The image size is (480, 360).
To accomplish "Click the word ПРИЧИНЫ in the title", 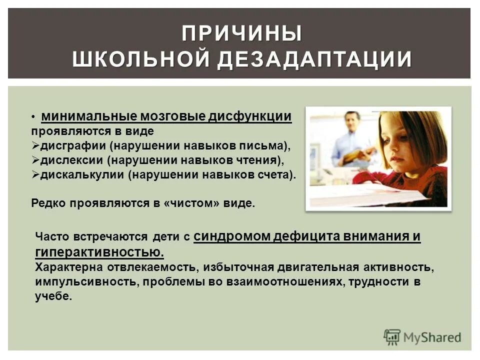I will pos(241,34).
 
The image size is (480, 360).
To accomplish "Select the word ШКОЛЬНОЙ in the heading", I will pos(140,59).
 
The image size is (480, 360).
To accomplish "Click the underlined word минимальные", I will pos(89,117).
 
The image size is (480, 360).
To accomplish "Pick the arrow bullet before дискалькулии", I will pos(35,175).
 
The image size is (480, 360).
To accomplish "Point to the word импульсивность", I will pos(86,281).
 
